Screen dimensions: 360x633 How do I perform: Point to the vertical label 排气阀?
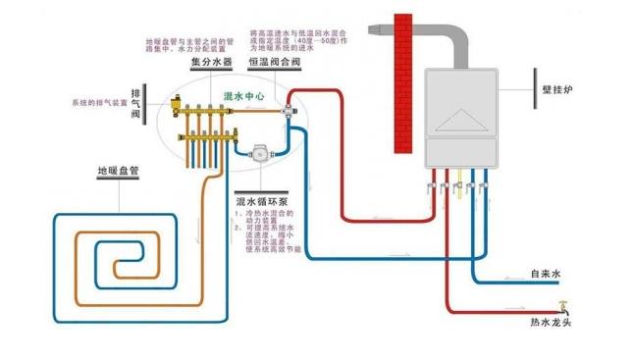(136, 102)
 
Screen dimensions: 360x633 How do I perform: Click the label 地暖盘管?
(116, 171)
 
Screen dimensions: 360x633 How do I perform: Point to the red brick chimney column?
(402, 83)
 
